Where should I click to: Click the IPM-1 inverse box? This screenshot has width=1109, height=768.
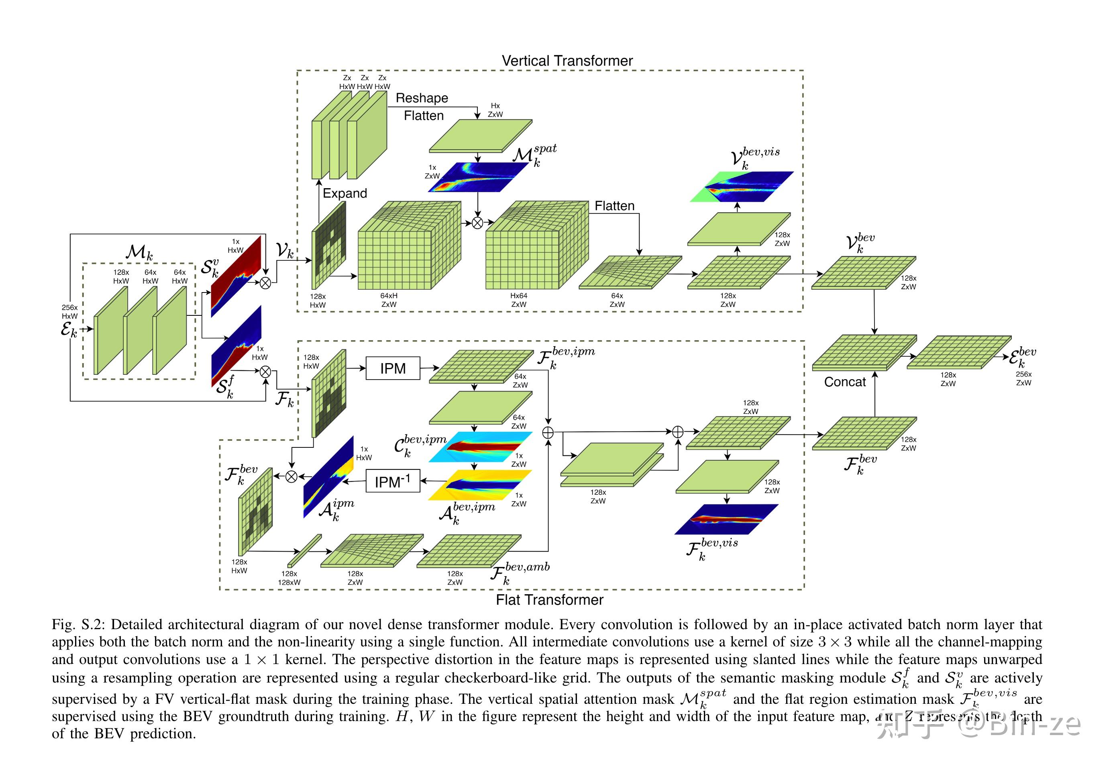(x=392, y=481)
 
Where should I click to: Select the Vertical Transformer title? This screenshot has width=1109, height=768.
(x=567, y=61)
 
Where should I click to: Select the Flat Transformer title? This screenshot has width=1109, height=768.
(x=549, y=599)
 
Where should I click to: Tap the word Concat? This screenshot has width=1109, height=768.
(x=845, y=382)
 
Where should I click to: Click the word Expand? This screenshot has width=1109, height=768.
(x=345, y=193)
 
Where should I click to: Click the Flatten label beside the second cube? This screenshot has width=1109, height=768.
(x=614, y=205)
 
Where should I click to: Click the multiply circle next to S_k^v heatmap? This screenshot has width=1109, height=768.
(x=265, y=283)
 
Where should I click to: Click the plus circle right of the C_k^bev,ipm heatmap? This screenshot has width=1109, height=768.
(x=548, y=433)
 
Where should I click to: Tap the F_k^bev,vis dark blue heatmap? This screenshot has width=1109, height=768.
(x=726, y=519)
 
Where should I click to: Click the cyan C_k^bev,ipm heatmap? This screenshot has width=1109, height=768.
(x=480, y=447)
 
